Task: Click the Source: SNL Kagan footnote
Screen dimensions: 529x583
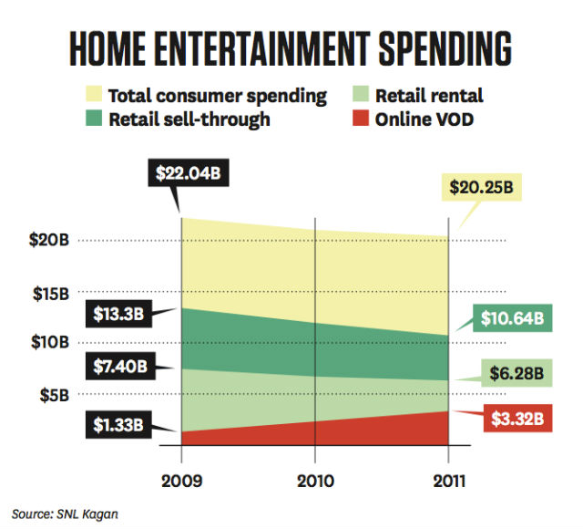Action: (66, 513)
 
